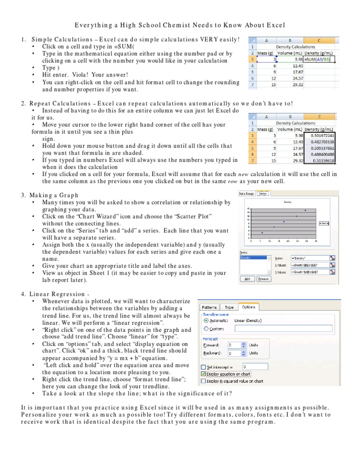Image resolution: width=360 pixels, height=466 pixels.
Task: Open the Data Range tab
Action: (x=246, y=193)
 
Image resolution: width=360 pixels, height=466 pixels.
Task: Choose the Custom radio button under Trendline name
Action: (x=206, y=329)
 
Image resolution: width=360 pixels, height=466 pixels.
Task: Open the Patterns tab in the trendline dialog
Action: (x=210, y=307)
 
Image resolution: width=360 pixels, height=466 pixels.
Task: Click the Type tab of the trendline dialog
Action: (x=230, y=307)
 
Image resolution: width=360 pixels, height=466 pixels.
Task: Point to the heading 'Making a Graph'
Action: (x=54, y=195)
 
